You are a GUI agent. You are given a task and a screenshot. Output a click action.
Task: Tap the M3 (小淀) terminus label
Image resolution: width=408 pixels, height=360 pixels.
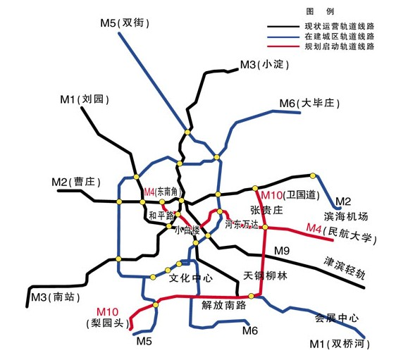[x=266, y=65]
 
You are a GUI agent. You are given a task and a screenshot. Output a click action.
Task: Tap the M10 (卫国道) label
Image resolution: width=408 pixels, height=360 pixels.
[x=290, y=195]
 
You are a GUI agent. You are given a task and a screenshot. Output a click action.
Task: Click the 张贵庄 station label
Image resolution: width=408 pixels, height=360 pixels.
[x=266, y=210]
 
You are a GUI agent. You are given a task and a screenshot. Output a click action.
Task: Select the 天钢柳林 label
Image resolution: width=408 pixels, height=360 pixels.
[x=266, y=275]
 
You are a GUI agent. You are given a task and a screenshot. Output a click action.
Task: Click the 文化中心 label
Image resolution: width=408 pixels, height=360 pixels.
[x=191, y=278]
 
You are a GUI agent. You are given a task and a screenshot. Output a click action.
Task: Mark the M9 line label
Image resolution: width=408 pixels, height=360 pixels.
[x=282, y=251]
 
